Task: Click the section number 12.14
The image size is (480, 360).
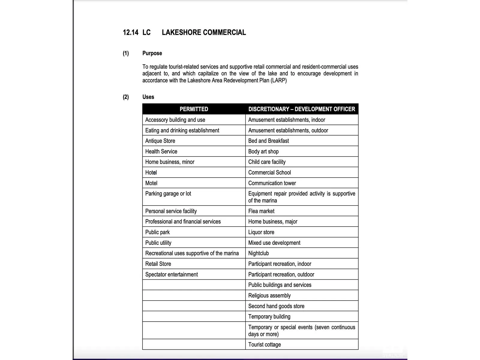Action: click(130, 32)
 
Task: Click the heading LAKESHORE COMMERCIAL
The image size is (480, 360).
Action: click(204, 32)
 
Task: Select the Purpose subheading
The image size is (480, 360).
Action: click(152, 53)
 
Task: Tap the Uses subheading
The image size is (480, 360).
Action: click(148, 97)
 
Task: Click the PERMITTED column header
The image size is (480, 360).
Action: click(194, 109)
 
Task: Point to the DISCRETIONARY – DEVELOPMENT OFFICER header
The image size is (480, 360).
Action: click(301, 109)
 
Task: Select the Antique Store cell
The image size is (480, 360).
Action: click(160, 141)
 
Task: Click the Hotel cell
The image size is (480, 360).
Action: click(151, 172)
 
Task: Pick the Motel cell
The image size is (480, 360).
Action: click(151, 183)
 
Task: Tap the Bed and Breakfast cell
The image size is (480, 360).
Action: click(268, 141)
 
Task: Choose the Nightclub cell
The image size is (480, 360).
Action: click(259, 253)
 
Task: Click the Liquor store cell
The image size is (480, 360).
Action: click(261, 232)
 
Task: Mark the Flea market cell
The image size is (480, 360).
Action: click(261, 211)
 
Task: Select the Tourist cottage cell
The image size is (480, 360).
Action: click(265, 345)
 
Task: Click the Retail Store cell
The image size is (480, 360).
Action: click(158, 264)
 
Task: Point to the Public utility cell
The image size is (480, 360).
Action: click(158, 243)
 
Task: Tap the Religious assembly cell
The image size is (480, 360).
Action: click(269, 295)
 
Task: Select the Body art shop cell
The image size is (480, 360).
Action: click(263, 151)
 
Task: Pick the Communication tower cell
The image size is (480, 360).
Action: click(272, 183)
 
